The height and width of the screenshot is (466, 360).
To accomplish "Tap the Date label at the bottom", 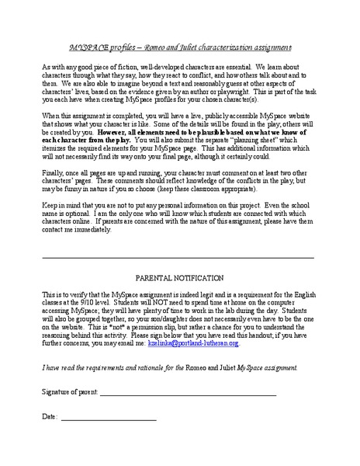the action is [49, 416].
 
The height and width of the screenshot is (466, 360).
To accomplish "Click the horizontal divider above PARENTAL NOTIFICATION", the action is [178, 256].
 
